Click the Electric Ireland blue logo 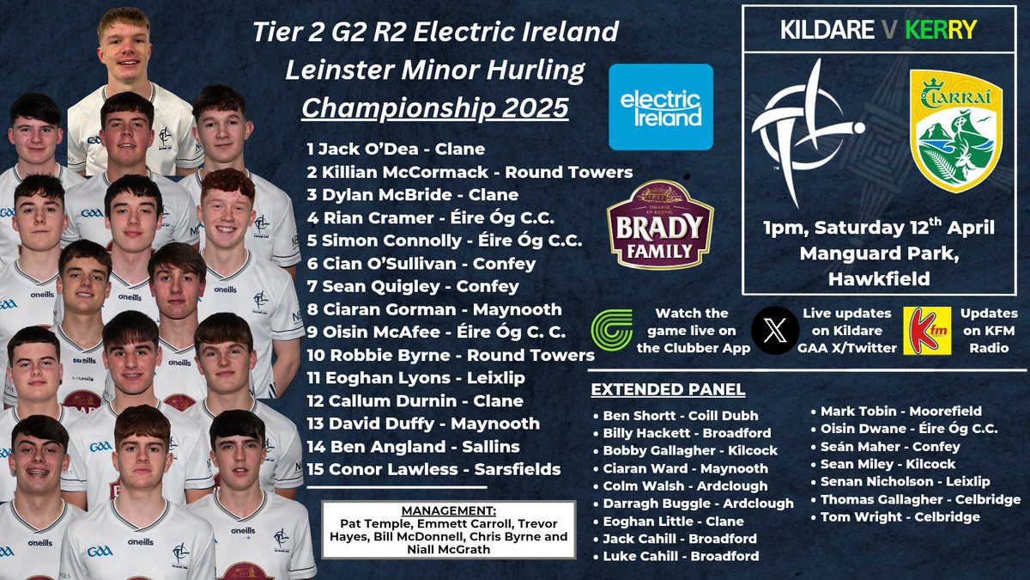(x=660, y=107)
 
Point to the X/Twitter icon (x=774, y=330)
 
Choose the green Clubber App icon (x=611, y=330)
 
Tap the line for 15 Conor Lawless (x=433, y=469)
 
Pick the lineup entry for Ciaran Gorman (x=434, y=309)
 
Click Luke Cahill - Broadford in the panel (x=681, y=556)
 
